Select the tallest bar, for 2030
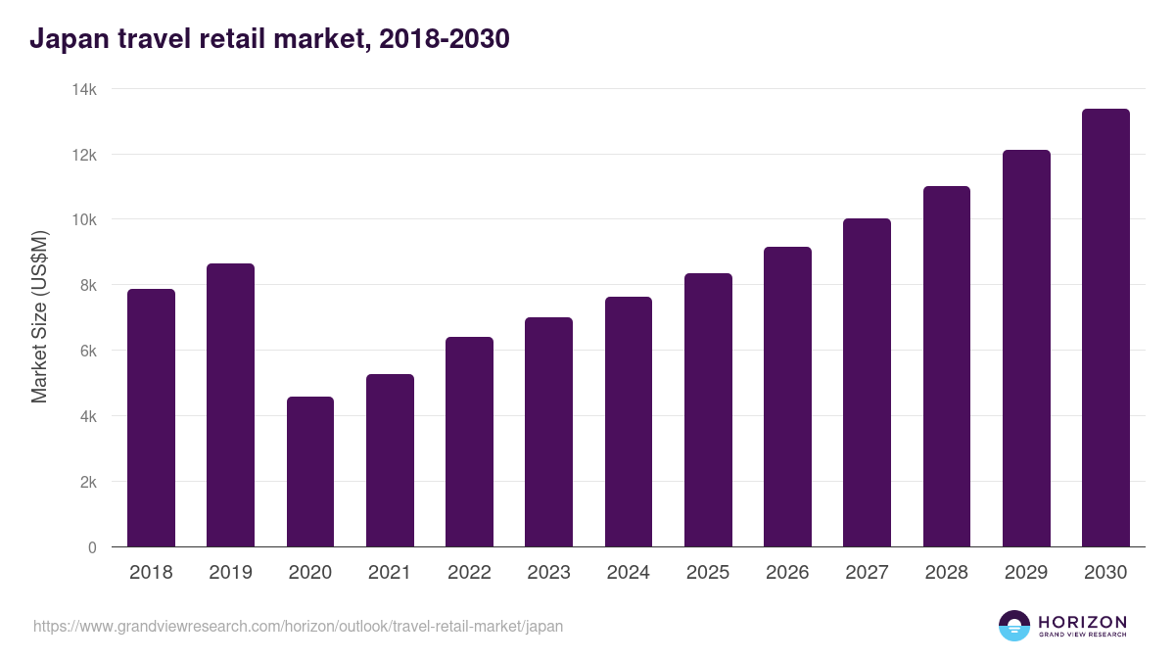[x=1105, y=328]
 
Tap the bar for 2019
[x=230, y=404]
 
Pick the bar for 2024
[x=629, y=421]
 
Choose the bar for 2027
[x=867, y=382]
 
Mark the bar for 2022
[x=469, y=442]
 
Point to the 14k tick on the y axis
[x=85, y=89]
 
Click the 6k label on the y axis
[x=88, y=351]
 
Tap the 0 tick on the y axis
[x=92, y=547]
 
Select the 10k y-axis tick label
[x=85, y=220]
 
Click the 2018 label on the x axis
[x=151, y=573]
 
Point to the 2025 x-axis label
[x=708, y=573]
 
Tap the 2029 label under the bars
[x=1026, y=573]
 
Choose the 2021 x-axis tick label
[x=390, y=573]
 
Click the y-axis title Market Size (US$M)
[x=39, y=317]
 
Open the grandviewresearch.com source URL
[x=299, y=626]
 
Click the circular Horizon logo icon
[x=1014, y=626]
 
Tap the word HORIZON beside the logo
[x=1082, y=622]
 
